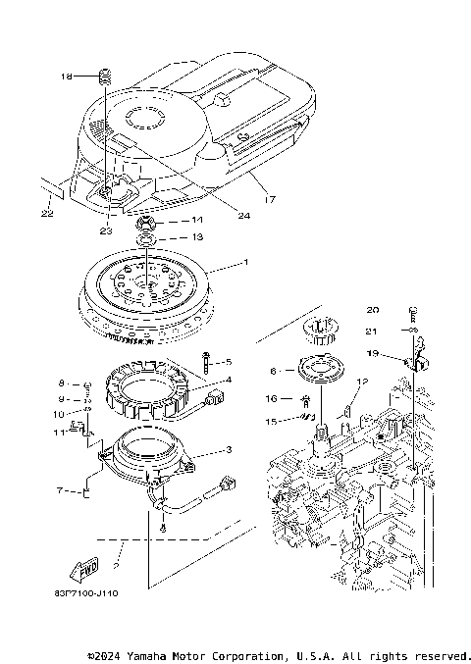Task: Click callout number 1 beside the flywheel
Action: pyautogui.click(x=246, y=263)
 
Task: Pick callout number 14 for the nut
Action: pyautogui.click(x=196, y=221)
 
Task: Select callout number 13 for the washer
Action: pyautogui.click(x=196, y=237)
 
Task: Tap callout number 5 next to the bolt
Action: pyautogui.click(x=228, y=361)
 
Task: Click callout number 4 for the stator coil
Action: pyautogui.click(x=228, y=380)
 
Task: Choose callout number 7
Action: pyautogui.click(x=61, y=487)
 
